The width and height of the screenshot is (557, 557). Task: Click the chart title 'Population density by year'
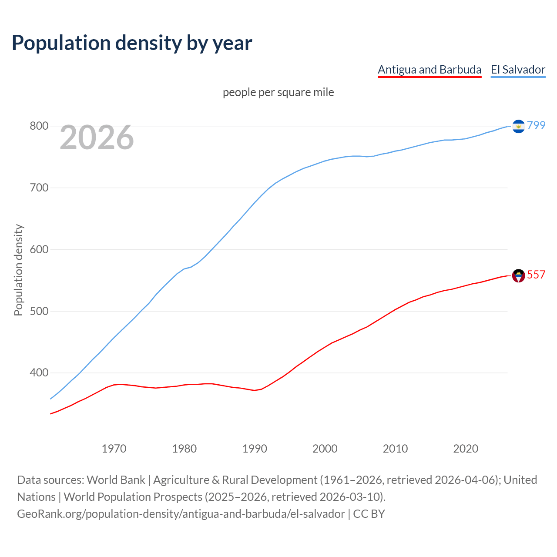click(x=132, y=43)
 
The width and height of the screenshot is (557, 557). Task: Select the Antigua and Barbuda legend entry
click(x=429, y=70)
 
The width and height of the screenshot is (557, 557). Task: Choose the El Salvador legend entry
click(x=518, y=70)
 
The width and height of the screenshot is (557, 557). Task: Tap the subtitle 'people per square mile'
click(x=278, y=93)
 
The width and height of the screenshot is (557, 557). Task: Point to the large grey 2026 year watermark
click(x=97, y=138)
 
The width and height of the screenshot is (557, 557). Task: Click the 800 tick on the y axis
click(x=39, y=126)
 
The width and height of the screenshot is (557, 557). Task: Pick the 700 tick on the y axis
click(x=39, y=188)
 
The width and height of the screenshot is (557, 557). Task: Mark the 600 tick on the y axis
click(x=39, y=250)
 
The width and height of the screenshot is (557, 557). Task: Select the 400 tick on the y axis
click(x=39, y=373)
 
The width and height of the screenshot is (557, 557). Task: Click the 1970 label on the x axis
click(x=114, y=449)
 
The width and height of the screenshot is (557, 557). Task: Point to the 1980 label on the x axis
click(x=185, y=449)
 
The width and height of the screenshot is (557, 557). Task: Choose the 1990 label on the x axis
click(x=255, y=449)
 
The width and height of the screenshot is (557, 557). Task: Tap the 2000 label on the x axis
click(x=325, y=449)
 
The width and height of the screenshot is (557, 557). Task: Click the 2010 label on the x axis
click(x=395, y=449)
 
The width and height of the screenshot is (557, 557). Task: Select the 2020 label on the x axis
click(x=466, y=449)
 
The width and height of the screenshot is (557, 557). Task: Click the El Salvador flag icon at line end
click(x=518, y=126)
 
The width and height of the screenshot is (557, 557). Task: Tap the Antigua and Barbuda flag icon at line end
click(x=518, y=275)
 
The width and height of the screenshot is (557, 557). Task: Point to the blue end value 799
click(x=536, y=125)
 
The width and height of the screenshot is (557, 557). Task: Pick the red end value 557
click(x=536, y=275)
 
